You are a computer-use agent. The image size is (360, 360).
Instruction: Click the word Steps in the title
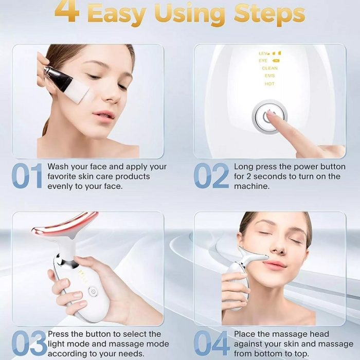269,14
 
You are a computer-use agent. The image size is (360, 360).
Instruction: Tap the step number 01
27,176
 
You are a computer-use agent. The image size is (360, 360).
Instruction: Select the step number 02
211,176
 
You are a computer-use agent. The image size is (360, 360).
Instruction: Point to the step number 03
29,343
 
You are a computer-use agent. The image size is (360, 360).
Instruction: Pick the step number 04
212,343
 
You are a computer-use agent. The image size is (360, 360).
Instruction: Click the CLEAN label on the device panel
269,68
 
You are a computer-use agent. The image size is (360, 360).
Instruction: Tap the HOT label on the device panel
269,84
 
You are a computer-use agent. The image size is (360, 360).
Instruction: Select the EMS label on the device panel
269,76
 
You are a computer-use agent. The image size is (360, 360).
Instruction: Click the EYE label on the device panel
263,61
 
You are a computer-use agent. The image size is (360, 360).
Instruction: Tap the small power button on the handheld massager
93,292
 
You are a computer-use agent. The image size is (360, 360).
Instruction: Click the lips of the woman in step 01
104,114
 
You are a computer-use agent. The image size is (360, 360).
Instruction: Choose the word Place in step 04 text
244,334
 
